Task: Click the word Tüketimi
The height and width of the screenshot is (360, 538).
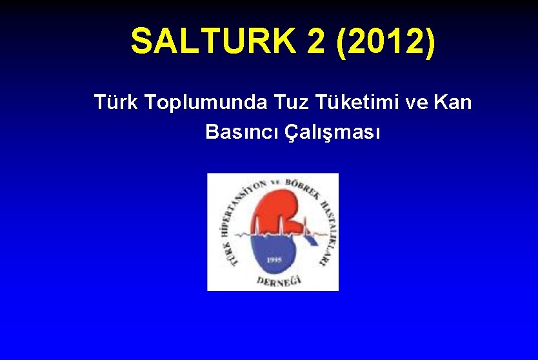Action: tap(356, 102)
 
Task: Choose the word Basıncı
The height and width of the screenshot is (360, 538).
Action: tap(242, 132)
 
